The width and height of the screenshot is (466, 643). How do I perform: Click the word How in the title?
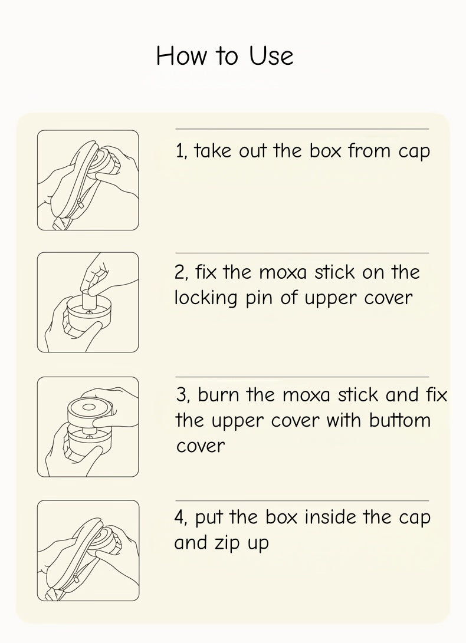coord(182,56)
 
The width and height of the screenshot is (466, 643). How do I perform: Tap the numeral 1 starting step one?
coord(179,151)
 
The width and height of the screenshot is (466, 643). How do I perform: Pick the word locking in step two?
coord(206,298)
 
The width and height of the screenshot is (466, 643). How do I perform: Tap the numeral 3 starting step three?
coord(181,395)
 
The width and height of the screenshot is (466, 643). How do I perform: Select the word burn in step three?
coord(218,395)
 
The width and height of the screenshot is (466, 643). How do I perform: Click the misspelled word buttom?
coord(399,420)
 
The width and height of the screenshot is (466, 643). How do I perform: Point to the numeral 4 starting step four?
coord(180,517)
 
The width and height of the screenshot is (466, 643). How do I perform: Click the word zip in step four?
coord(228,543)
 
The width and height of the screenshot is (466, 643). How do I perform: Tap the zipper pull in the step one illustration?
coord(80,203)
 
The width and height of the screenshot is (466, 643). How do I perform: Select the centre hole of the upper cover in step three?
coord(89,407)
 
